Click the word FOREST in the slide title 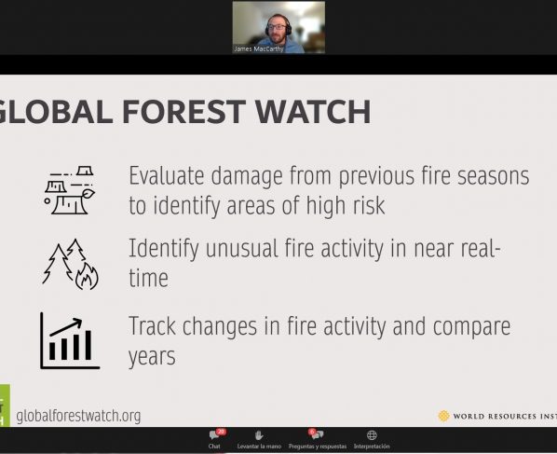click(184, 112)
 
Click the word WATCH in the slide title click(313, 112)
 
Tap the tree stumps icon click(69, 190)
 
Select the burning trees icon click(71, 264)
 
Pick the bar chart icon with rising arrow click(70, 340)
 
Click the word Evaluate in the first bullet click(167, 176)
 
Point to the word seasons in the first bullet click(493, 177)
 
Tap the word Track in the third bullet click(152, 325)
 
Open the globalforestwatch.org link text click(78, 416)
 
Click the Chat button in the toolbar click(214, 439)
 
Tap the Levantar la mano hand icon click(259, 435)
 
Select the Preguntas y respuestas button click(318, 439)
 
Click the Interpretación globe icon click(372, 434)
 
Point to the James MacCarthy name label click(259, 49)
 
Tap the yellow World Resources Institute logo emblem click(443, 416)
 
